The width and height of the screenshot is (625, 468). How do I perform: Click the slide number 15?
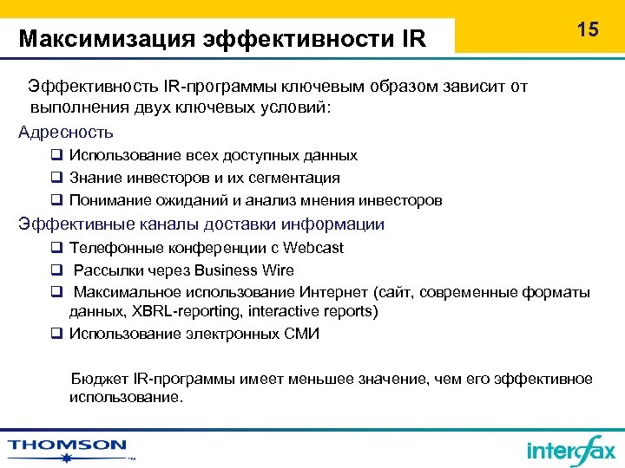(x=588, y=29)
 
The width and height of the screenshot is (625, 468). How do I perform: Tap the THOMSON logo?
(x=68, y=446)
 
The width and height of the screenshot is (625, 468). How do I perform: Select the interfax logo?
(x=570, y=450)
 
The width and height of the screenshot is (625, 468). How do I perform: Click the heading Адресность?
(x=66, y=133)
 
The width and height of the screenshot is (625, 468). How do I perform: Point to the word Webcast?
(x=313, y=248)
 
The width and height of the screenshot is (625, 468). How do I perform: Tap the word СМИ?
(x=300, y=334)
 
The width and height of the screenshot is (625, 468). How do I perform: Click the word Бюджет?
(x=99, y=380)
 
